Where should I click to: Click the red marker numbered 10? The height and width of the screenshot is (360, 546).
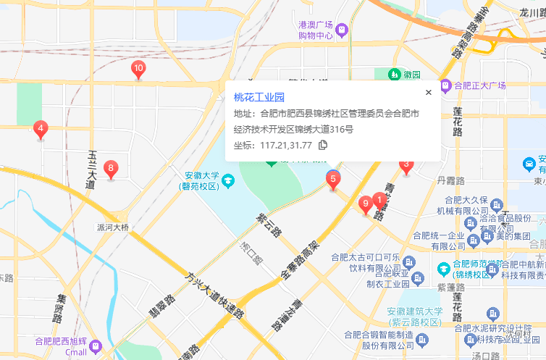[138, 70]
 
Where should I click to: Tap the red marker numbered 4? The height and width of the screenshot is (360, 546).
[41, 130]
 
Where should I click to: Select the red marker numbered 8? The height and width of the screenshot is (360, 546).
[110, 169]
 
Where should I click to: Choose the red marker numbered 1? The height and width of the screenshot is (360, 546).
[379, 198]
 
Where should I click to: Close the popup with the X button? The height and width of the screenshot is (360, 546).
[429, 92]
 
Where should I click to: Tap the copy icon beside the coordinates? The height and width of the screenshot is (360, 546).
[323, 145]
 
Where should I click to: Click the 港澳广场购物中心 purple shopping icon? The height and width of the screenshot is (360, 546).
[343, 30]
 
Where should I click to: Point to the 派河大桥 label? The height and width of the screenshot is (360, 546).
[112, 227]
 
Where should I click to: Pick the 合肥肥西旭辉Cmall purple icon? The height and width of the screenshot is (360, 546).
[96, 348]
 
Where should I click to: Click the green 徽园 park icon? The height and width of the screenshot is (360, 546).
[394, 74]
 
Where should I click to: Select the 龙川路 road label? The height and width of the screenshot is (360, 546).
[531, 12]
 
